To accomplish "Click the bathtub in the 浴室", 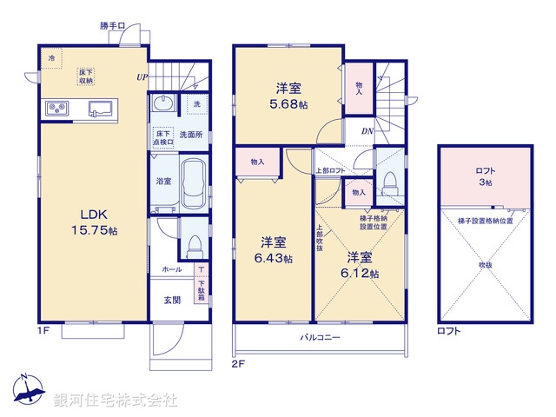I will click(x=192, y=181).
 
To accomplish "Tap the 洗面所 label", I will click(x=190, y=135).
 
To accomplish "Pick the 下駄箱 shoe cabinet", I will click(x=202, y=284).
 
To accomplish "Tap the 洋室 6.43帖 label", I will click(x=271, y=249).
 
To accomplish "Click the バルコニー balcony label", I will click(x=321, y=337).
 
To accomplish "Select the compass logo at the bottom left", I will click(x=28, y=388).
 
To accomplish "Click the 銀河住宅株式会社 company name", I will click(x=116, y=400).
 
